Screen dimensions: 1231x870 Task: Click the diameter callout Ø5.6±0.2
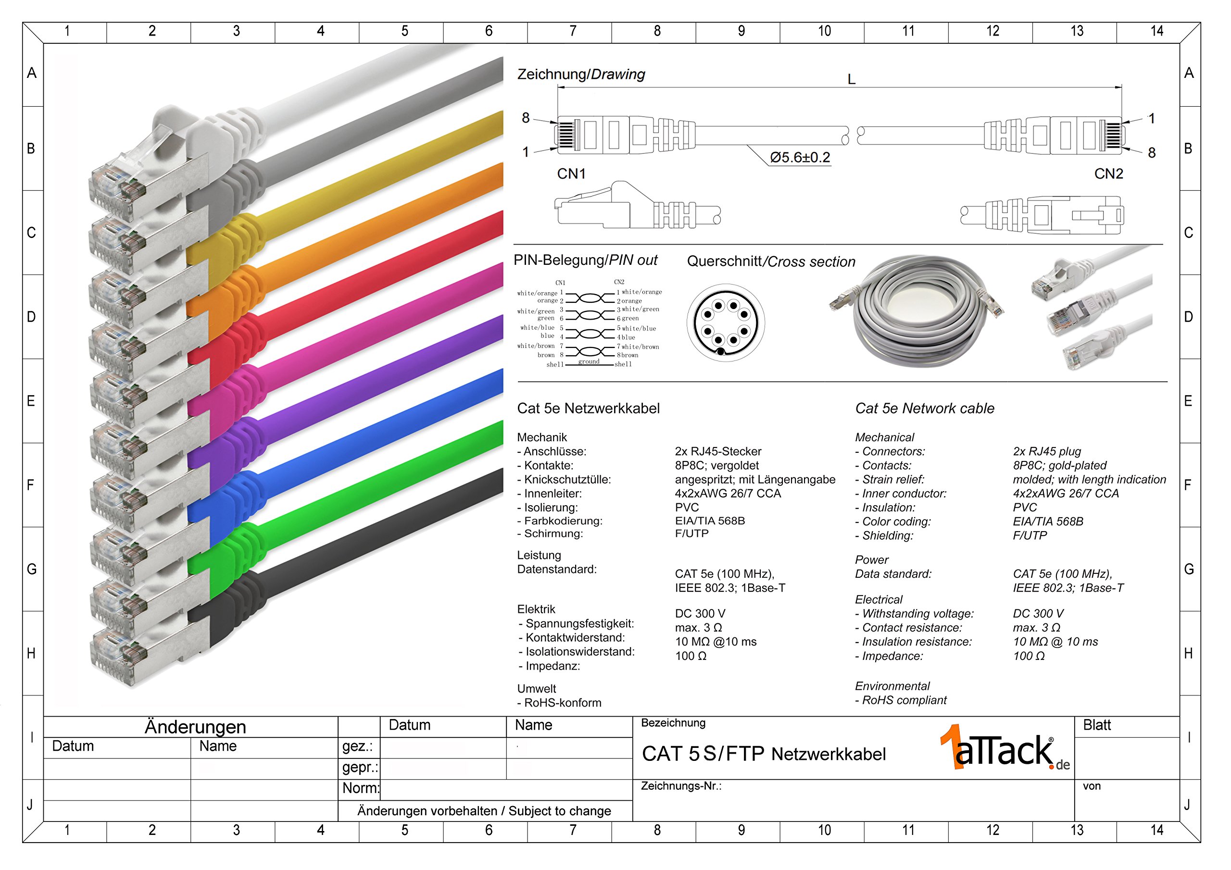pyautogui.click(x=800, y=158)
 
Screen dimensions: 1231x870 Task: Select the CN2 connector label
pyautogui.click(x=1108, y=174)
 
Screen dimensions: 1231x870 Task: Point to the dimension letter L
pyautogui.click(x=852, y=80)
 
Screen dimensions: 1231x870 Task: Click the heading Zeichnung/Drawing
pyautogui.click(x=581, y=75)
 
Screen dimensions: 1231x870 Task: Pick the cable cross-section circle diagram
pyautogui.click(x=726, y=323)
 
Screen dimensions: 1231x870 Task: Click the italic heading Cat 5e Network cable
pyautogui.click(x=924, y=409)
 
